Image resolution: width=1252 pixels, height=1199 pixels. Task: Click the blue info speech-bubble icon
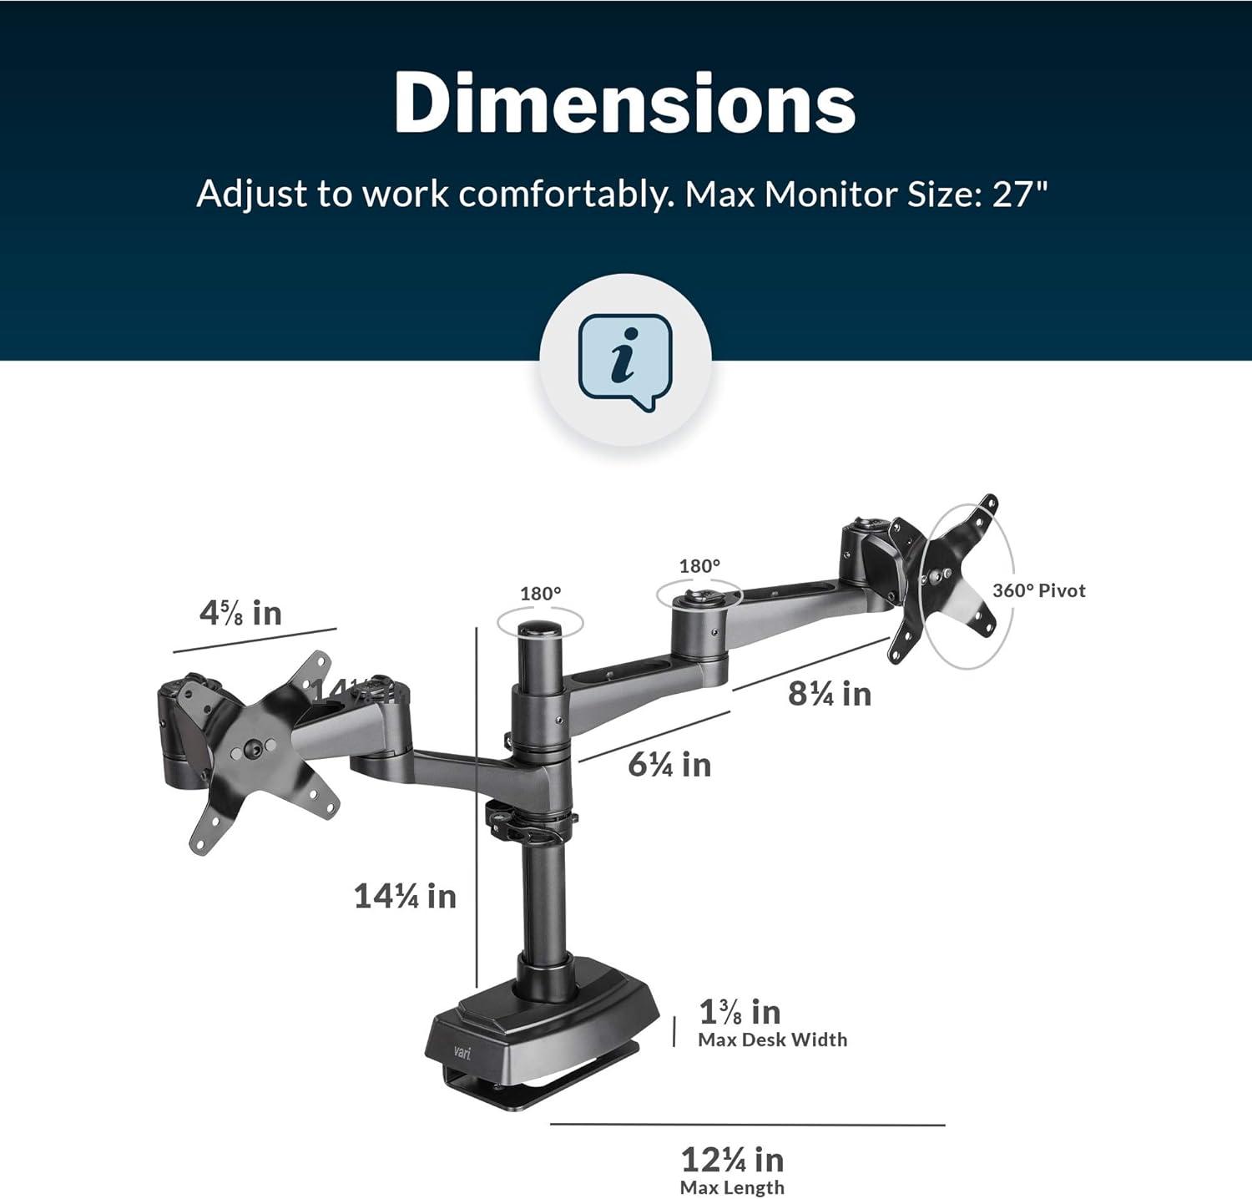pyautogui.click(x=625, y=361)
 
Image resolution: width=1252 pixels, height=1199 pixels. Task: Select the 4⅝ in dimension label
pyautogui.click(x=240, y=614)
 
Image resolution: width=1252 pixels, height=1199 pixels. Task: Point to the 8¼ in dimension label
pyautogui.click(x=829, y=695)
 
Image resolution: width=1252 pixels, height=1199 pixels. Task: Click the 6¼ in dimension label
pyautogui.click(x=669, y=765)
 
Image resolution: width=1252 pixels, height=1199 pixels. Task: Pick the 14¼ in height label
pyautogui.click(x=405, y=897)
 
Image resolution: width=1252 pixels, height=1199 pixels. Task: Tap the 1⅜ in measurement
pyautogui.click(x=740, y=1013)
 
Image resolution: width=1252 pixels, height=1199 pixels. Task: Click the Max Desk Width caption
pyautogui.click(x=772, y=1040)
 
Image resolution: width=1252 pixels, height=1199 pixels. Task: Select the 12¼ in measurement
pyautogui.click(x=732, y=1161)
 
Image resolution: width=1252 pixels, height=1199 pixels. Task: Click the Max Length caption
pyautogui.click(x=732, y=1188)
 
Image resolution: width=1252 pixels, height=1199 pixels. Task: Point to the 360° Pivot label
pyautogui.click(x=1038, y=591)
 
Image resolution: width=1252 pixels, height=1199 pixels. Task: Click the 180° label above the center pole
pyautogui.click(x=540, y=594)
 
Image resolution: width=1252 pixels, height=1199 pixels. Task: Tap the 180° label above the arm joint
pyautogui.click(x=699, y=566)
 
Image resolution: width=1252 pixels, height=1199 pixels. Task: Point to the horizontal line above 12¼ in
pyautogui.click(x=747, y=1125)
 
